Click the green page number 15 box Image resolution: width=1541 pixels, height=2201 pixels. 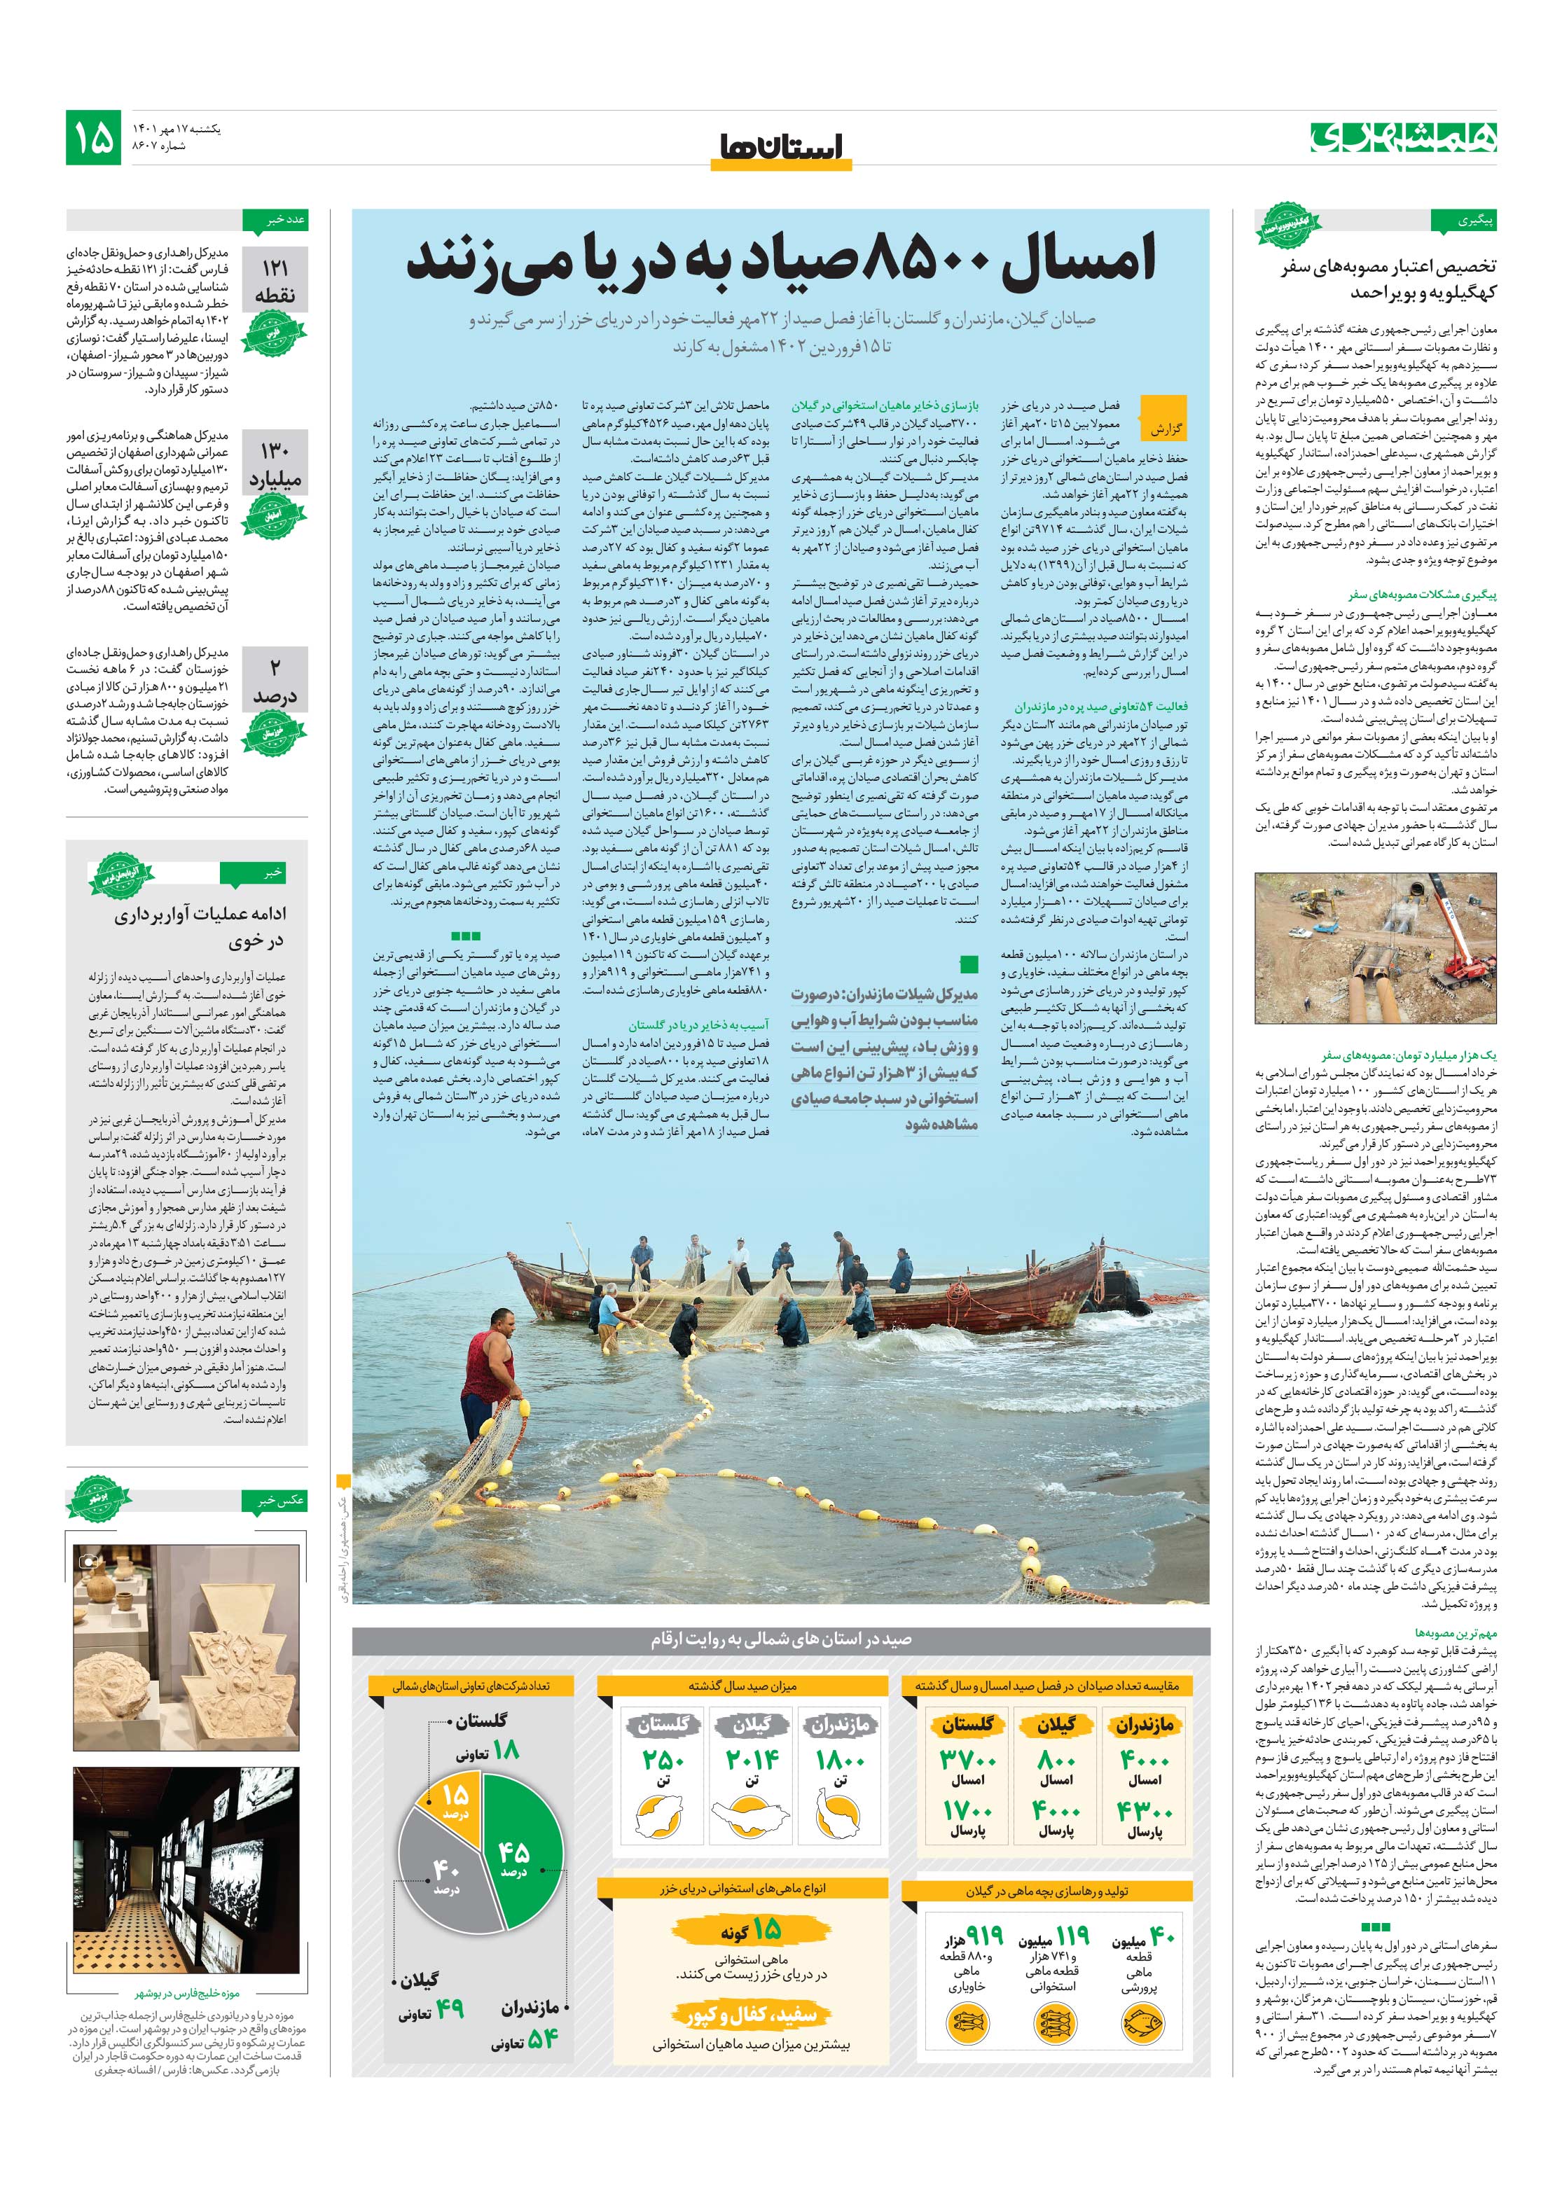point(93,137)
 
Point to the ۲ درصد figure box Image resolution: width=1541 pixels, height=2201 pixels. point(275,681)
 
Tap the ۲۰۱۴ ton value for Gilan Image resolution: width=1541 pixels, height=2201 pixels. point(752,1760)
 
